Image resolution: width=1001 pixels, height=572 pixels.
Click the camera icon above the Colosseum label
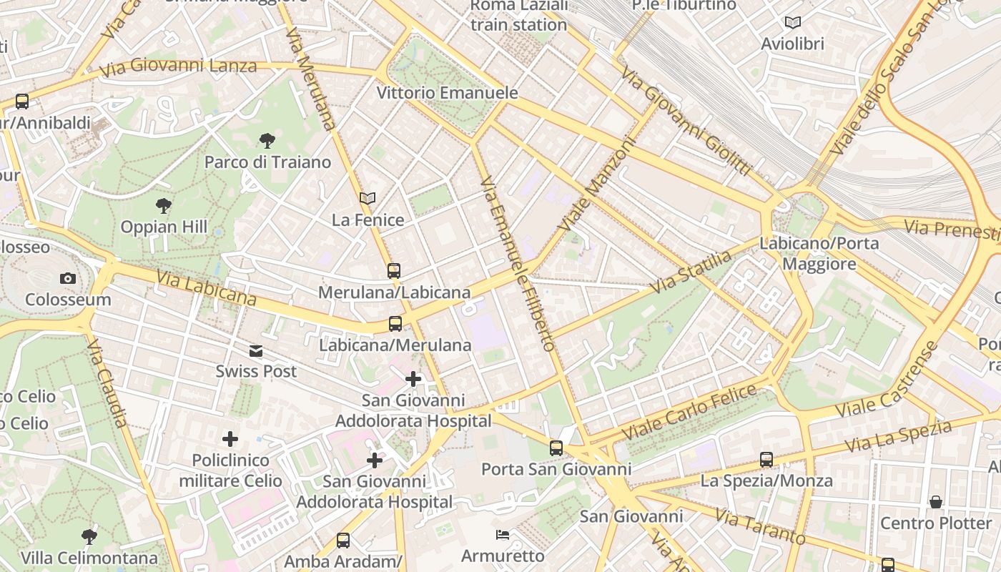(x=68, y=278)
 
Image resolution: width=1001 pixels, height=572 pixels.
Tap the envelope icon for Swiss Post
(x=256, y=351)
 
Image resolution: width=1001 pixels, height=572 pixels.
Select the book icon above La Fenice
(x=368, y=198)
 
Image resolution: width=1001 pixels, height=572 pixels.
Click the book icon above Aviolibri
(x=792, y=22)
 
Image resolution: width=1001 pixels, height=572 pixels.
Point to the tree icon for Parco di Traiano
(x=267, y=141)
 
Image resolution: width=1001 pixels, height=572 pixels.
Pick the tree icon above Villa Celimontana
(x=89, y=536)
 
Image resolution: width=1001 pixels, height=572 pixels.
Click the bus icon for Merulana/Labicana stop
(x=394, y=271)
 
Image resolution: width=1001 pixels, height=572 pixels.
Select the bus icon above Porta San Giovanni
(x=556, y=448)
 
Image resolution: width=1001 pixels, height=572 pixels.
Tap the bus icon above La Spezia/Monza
(x=766, y=460)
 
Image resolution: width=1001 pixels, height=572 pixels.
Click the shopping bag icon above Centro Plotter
(x=936, y=502)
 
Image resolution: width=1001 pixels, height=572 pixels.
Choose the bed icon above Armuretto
(x=503, y=535)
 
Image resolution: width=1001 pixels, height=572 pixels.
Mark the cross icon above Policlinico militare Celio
(x=230, y=439)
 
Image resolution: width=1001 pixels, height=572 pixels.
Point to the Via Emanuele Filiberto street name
(x=518, y=265)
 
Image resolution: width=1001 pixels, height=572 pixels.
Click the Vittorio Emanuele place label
(x=447, y=93)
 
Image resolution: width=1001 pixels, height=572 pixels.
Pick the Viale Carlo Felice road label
(x=689, y=413)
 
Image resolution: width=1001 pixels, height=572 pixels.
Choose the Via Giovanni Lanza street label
(x=178, y=68)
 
